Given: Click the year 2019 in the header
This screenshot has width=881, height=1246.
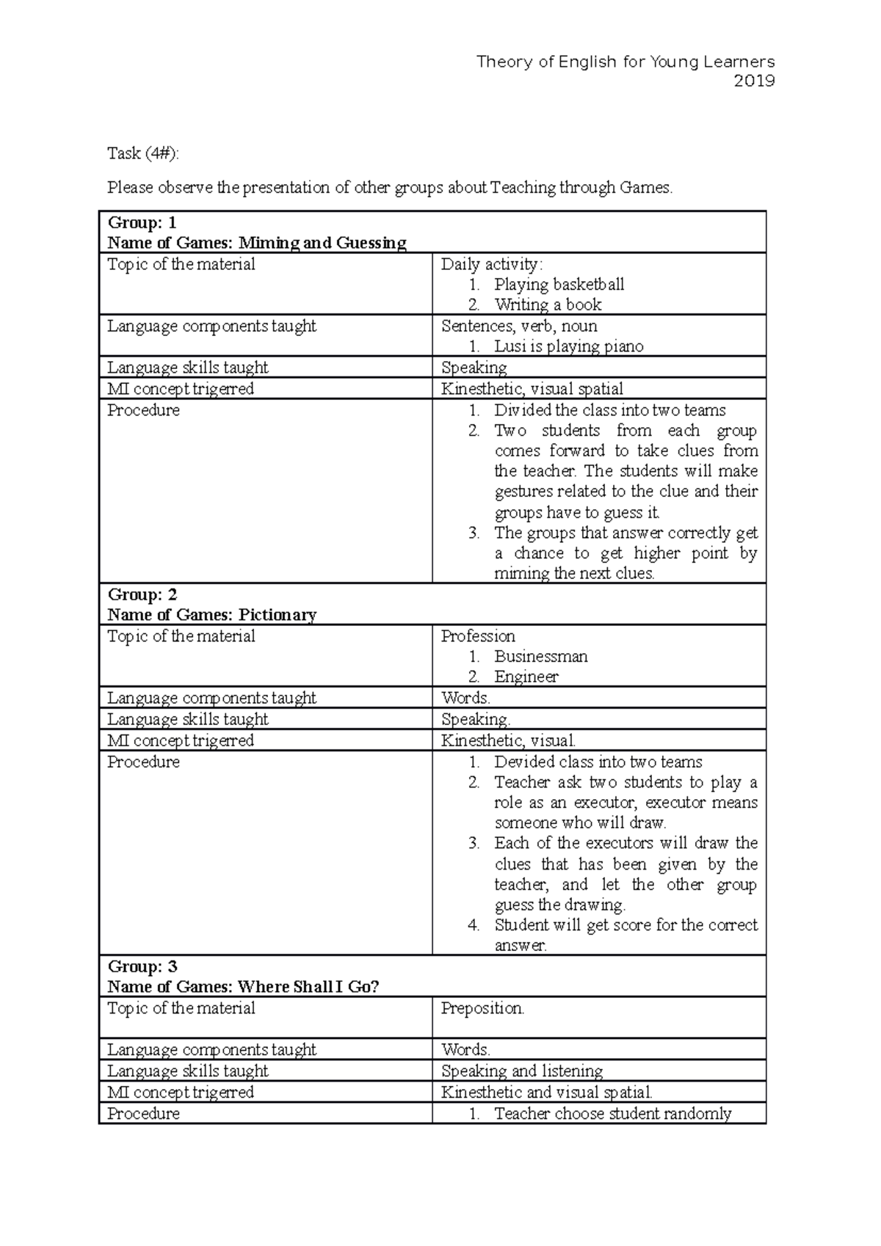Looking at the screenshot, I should pyautogui.click(x=754, y=81).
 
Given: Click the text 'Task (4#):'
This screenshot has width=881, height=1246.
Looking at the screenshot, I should pyautogui.click(x=142, y=153).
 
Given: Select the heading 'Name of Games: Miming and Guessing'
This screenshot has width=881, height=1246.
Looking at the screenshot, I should pyautogui.click(x=256, y=243).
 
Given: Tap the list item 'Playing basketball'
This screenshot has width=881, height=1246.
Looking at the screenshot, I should pyautogui.click(x=559, y=285).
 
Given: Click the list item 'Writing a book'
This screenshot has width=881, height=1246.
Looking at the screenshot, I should pyautogui.click(x=548, y=305).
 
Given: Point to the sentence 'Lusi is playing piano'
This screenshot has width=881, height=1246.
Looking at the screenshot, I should pyautogui.click(x=568, y=346).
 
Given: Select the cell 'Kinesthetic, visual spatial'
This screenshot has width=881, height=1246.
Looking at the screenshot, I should pyautogui.click(x=532, y=389).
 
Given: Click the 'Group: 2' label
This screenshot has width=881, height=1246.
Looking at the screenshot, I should pyautogui.click(x=142, y=594).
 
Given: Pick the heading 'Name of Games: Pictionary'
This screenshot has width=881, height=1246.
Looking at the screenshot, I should pyautogui.click(x=211, y=615).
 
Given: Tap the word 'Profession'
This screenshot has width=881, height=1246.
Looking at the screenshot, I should pyautogui.click(x=478, y=636).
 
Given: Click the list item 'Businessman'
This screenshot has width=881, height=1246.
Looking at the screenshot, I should pyautogui.click(x=540, y=657).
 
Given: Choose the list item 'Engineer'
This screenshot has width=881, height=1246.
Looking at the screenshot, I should pyautogui.click(x=526, y=677).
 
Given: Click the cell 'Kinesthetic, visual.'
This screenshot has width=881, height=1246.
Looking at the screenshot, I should pyautogui.click(x=508, y=740).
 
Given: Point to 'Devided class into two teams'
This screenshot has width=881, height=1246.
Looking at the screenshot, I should pyautogui.click(x=598, y=762).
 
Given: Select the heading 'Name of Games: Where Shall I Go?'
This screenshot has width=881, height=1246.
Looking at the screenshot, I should pyautogui.click(x=243, y=987).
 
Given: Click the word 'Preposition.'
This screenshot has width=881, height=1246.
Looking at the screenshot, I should pyautogui.click(x=482, y=1008).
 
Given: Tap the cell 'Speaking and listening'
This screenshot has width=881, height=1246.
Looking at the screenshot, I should pyautogui.click(x=521, y=1071).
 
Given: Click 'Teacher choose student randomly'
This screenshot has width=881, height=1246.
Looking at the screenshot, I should pyautogui.click(x=612, y=1114).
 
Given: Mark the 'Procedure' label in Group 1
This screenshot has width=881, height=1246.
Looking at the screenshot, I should pyautogui.click(x=143, y=410).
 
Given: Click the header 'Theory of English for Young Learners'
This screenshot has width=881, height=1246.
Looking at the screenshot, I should pyautogui.click(x=626, y=62).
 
